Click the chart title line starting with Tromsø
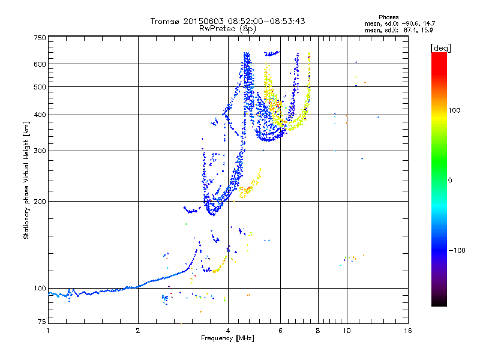pos(227,21)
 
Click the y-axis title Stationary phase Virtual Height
pos(26,180)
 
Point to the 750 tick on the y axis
pos(40,38)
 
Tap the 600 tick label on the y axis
pos(40,64)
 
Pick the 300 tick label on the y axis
pos(40,151)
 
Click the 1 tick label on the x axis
pos(48,331)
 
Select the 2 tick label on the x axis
pos(138,331)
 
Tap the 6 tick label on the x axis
pos(280,331)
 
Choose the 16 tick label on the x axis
pos(407,331)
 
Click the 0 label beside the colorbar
pos(451,180)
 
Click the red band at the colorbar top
pos(439,56)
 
